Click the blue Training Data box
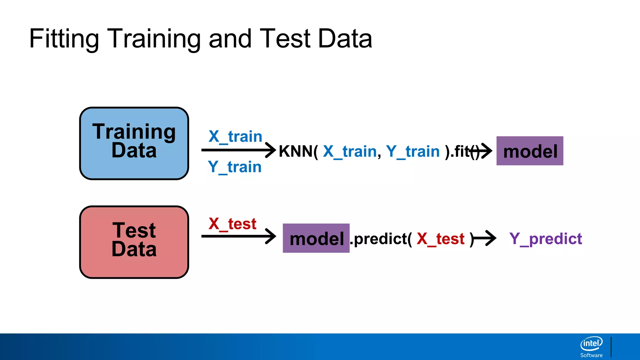coord(134,143)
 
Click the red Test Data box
coord(134,242)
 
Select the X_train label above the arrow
coord(235,137)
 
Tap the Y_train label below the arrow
coord(234,167)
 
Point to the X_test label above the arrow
coord(232,224)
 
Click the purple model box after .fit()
coord(530,151)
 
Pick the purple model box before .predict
coord(316,238)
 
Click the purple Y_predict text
coord(546,239)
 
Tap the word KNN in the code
coord(295,151)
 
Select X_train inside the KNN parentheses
coord(350,152)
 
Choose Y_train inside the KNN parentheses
coord(412,152)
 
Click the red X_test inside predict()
coord(441,239)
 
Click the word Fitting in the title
coord(64,39)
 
